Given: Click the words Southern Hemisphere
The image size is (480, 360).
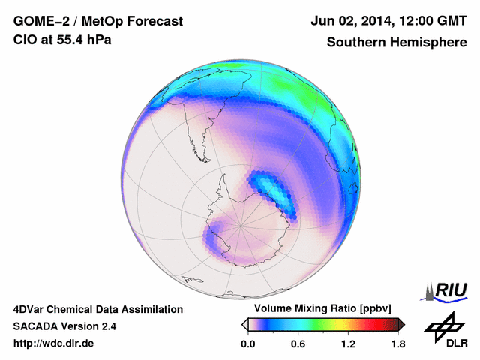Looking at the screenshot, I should click(397, 42).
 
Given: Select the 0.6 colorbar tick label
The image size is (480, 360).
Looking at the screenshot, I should click(298, 344).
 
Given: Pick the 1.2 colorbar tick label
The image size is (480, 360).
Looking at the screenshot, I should click(348, 344).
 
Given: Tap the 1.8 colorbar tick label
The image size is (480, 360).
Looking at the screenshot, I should click(397, 344).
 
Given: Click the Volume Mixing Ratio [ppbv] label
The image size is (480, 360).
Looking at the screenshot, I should click(320, 309).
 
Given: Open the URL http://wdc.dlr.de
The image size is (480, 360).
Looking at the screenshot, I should click(54, 343).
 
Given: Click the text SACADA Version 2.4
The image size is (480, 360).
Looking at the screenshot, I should click(64, 326).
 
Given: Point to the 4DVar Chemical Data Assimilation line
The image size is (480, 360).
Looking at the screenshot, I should click(98, 309).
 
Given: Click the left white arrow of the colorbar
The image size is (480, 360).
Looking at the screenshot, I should click(245, 324).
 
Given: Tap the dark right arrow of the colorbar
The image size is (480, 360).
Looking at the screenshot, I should click(401, 324).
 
